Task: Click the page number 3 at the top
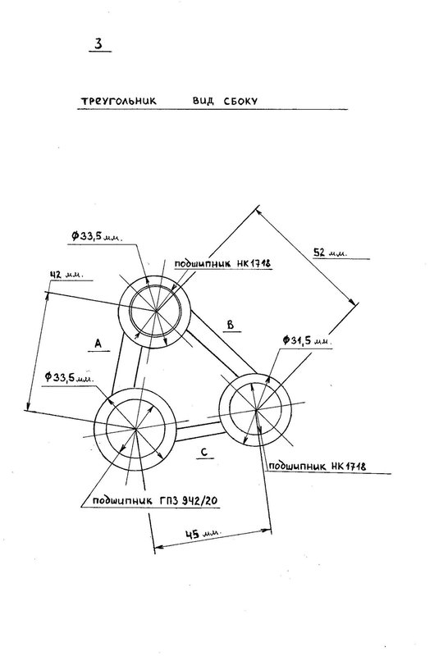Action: pyautogui.click(x=98, y=43)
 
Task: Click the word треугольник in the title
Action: pyautogui.click(x=118, y=101)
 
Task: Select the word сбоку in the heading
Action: pyautogui.click(x=240, y=101)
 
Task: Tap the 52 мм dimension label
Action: pyautogui.click(x=330, y=253)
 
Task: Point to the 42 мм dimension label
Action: pyautogui.click(x=66, y=275)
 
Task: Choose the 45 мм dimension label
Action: pyautogui.click(x=202, y=535)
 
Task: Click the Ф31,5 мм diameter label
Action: pyautogui.click(x=308, y=340)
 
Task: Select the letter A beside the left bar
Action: pyautogui.click(x=98, y=344)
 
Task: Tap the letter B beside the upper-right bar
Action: pyautogui.click(x=231, y=324)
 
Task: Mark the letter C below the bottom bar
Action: pyautogui.click(x=204, y=453)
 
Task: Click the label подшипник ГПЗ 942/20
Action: pyautogui.click(x=155, y=500)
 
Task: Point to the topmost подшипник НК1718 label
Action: pyautogui.click(x=223, y=263)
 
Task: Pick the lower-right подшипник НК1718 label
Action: pyautogui.click(x=317, y=466)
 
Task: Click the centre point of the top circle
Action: pyautogui.click(x=156, y=311)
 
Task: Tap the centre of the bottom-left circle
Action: pyautogui.click(x=135, y=429)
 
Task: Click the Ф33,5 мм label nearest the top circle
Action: pyautogui.click(x=96, y=236)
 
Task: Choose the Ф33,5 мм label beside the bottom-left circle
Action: pyautogui.click(x=69, y=377)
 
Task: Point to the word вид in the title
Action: pyautogui.click(x=203, y=101)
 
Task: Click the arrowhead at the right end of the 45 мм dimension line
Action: pyautogui.click(x=267, y=531)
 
